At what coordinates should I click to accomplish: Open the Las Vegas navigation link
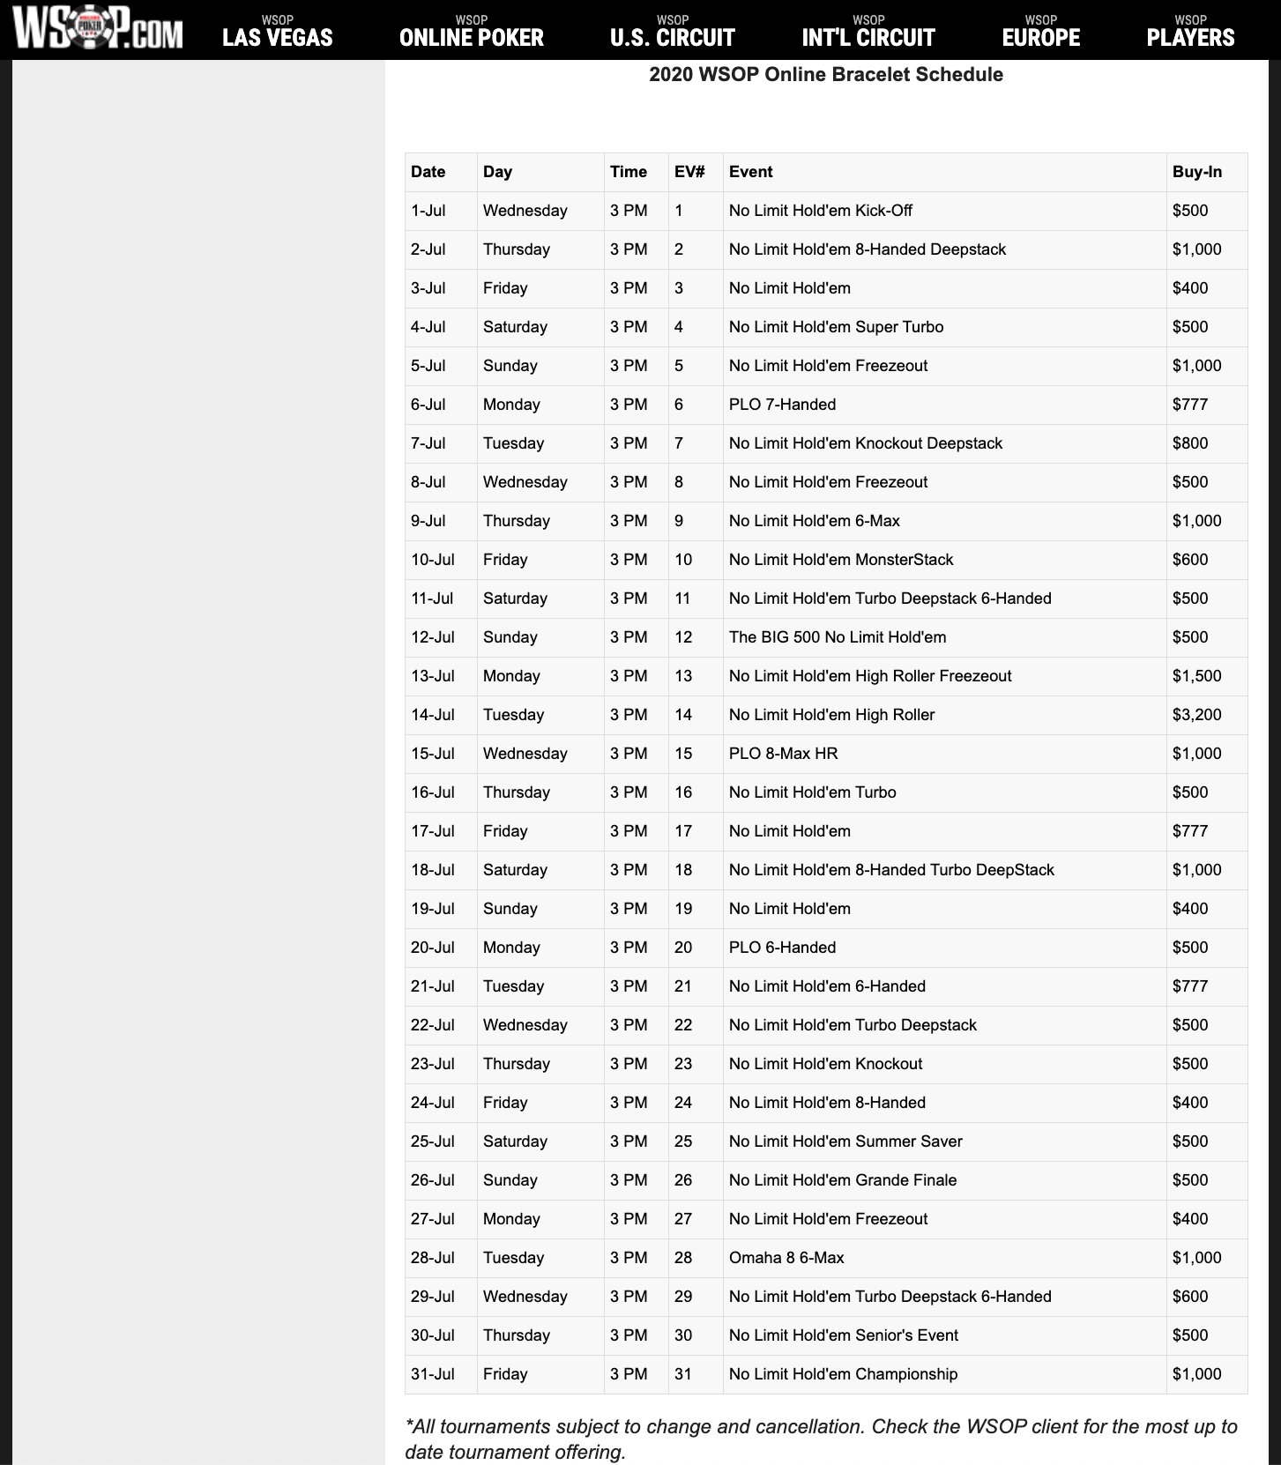278,33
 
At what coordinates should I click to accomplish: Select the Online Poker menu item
472,33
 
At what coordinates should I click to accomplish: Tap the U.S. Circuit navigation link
673,33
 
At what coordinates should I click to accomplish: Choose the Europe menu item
1041,33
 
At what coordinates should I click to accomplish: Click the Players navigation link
1190,33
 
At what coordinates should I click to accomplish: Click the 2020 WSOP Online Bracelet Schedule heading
826,75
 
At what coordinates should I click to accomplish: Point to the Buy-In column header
1196,172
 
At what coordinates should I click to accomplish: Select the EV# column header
689,172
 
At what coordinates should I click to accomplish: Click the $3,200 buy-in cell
1196,715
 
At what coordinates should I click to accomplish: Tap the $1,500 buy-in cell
1196,676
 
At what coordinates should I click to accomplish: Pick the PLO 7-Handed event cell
782,405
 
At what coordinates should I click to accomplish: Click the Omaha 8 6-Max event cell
786,1258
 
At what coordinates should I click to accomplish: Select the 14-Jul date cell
433,715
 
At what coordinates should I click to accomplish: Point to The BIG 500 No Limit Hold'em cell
837,637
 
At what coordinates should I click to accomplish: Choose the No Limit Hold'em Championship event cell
843,1374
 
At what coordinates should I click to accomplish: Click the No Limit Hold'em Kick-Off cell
820,211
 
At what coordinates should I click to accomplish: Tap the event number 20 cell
683,948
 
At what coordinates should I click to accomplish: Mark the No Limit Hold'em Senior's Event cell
843,1335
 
